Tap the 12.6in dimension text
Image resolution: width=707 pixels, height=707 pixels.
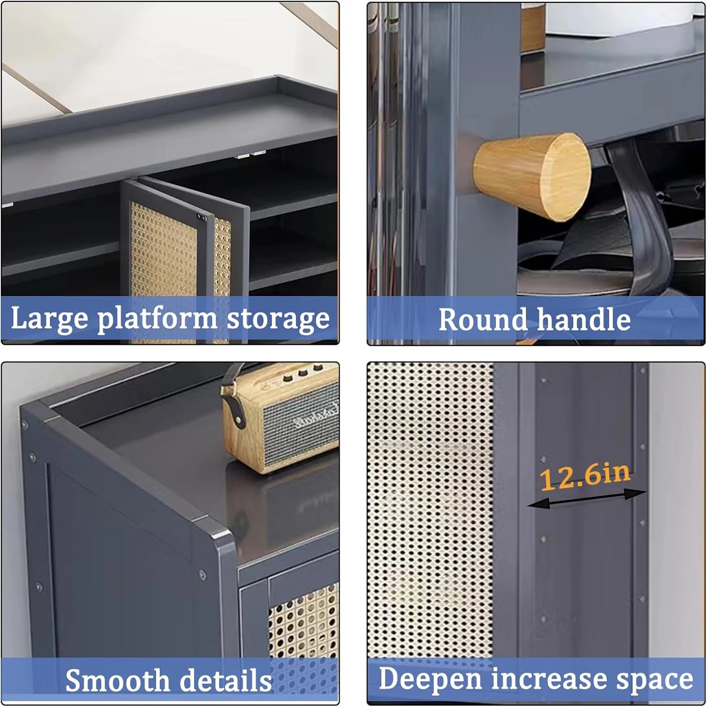click(x=585, y=476)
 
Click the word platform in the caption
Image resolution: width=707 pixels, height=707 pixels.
click(x=157, y=319)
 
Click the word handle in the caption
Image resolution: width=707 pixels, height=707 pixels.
click(x=584, y=320)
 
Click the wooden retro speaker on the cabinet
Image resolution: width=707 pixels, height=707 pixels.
click(x=289, y=421)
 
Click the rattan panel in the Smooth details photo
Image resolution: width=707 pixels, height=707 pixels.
click(x=303, y=621)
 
